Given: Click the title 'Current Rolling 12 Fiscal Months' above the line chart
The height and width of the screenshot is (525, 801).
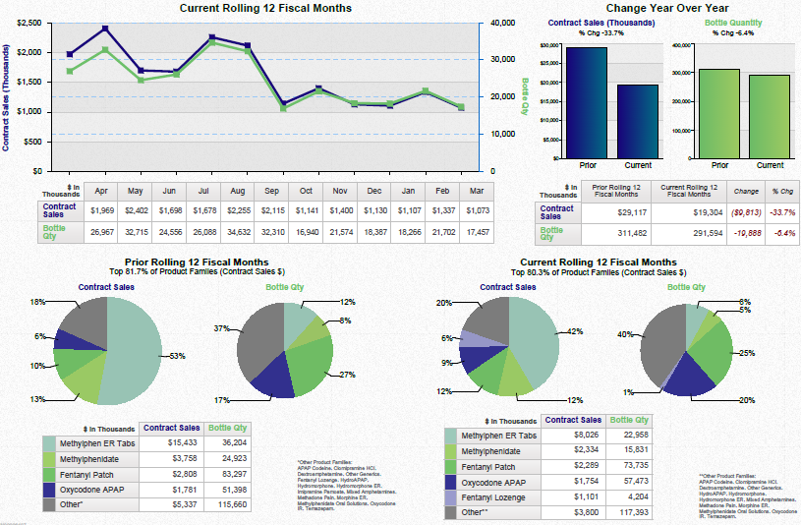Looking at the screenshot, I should [x=265, y=8].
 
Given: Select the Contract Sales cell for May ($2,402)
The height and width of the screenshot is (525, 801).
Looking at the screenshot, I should [x=136, y=209].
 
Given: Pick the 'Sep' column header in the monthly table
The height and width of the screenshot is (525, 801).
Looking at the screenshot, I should [x=271, y=190].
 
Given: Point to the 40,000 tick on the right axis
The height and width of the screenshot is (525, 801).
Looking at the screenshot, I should [x=502, y=22].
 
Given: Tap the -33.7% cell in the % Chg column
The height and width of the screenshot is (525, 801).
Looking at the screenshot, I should [x=782, y=211].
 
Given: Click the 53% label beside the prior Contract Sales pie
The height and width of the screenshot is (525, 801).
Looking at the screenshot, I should [x=178, y=355].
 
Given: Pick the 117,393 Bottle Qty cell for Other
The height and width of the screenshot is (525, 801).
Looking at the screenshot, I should [x=628, y=512].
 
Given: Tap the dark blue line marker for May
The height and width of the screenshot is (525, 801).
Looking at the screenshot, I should [x=105, y=29].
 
